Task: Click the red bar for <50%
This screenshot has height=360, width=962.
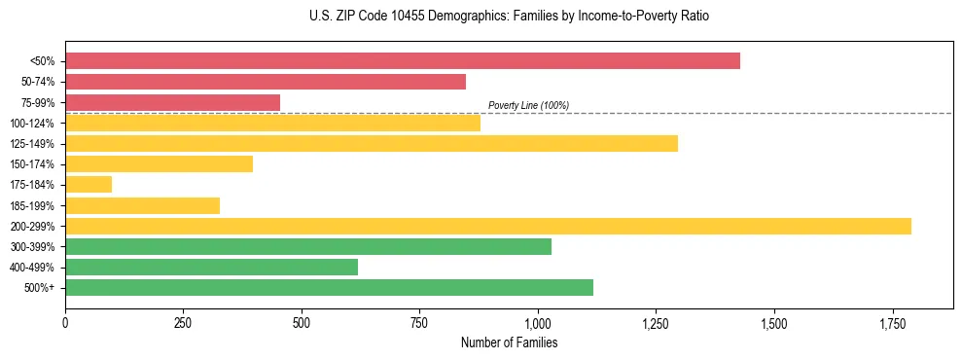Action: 403,61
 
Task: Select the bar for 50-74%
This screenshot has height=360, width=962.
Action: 266,82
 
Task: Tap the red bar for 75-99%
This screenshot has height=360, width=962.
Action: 172,102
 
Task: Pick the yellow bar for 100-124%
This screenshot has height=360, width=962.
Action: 272,123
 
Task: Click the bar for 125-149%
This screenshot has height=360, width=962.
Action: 372,144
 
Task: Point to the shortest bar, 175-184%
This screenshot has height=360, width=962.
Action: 89,185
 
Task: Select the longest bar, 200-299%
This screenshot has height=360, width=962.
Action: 488,226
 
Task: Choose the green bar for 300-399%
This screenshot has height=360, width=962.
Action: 308,246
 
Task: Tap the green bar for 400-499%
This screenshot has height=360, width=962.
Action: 211,267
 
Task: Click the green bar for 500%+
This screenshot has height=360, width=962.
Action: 329,287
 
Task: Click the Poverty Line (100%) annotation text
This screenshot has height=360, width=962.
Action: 528,105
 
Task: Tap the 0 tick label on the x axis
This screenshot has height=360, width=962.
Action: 65,322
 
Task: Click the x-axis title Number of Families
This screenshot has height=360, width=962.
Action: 509,342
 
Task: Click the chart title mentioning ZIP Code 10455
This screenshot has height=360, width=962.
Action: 509,17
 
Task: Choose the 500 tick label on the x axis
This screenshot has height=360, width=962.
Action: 302,322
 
